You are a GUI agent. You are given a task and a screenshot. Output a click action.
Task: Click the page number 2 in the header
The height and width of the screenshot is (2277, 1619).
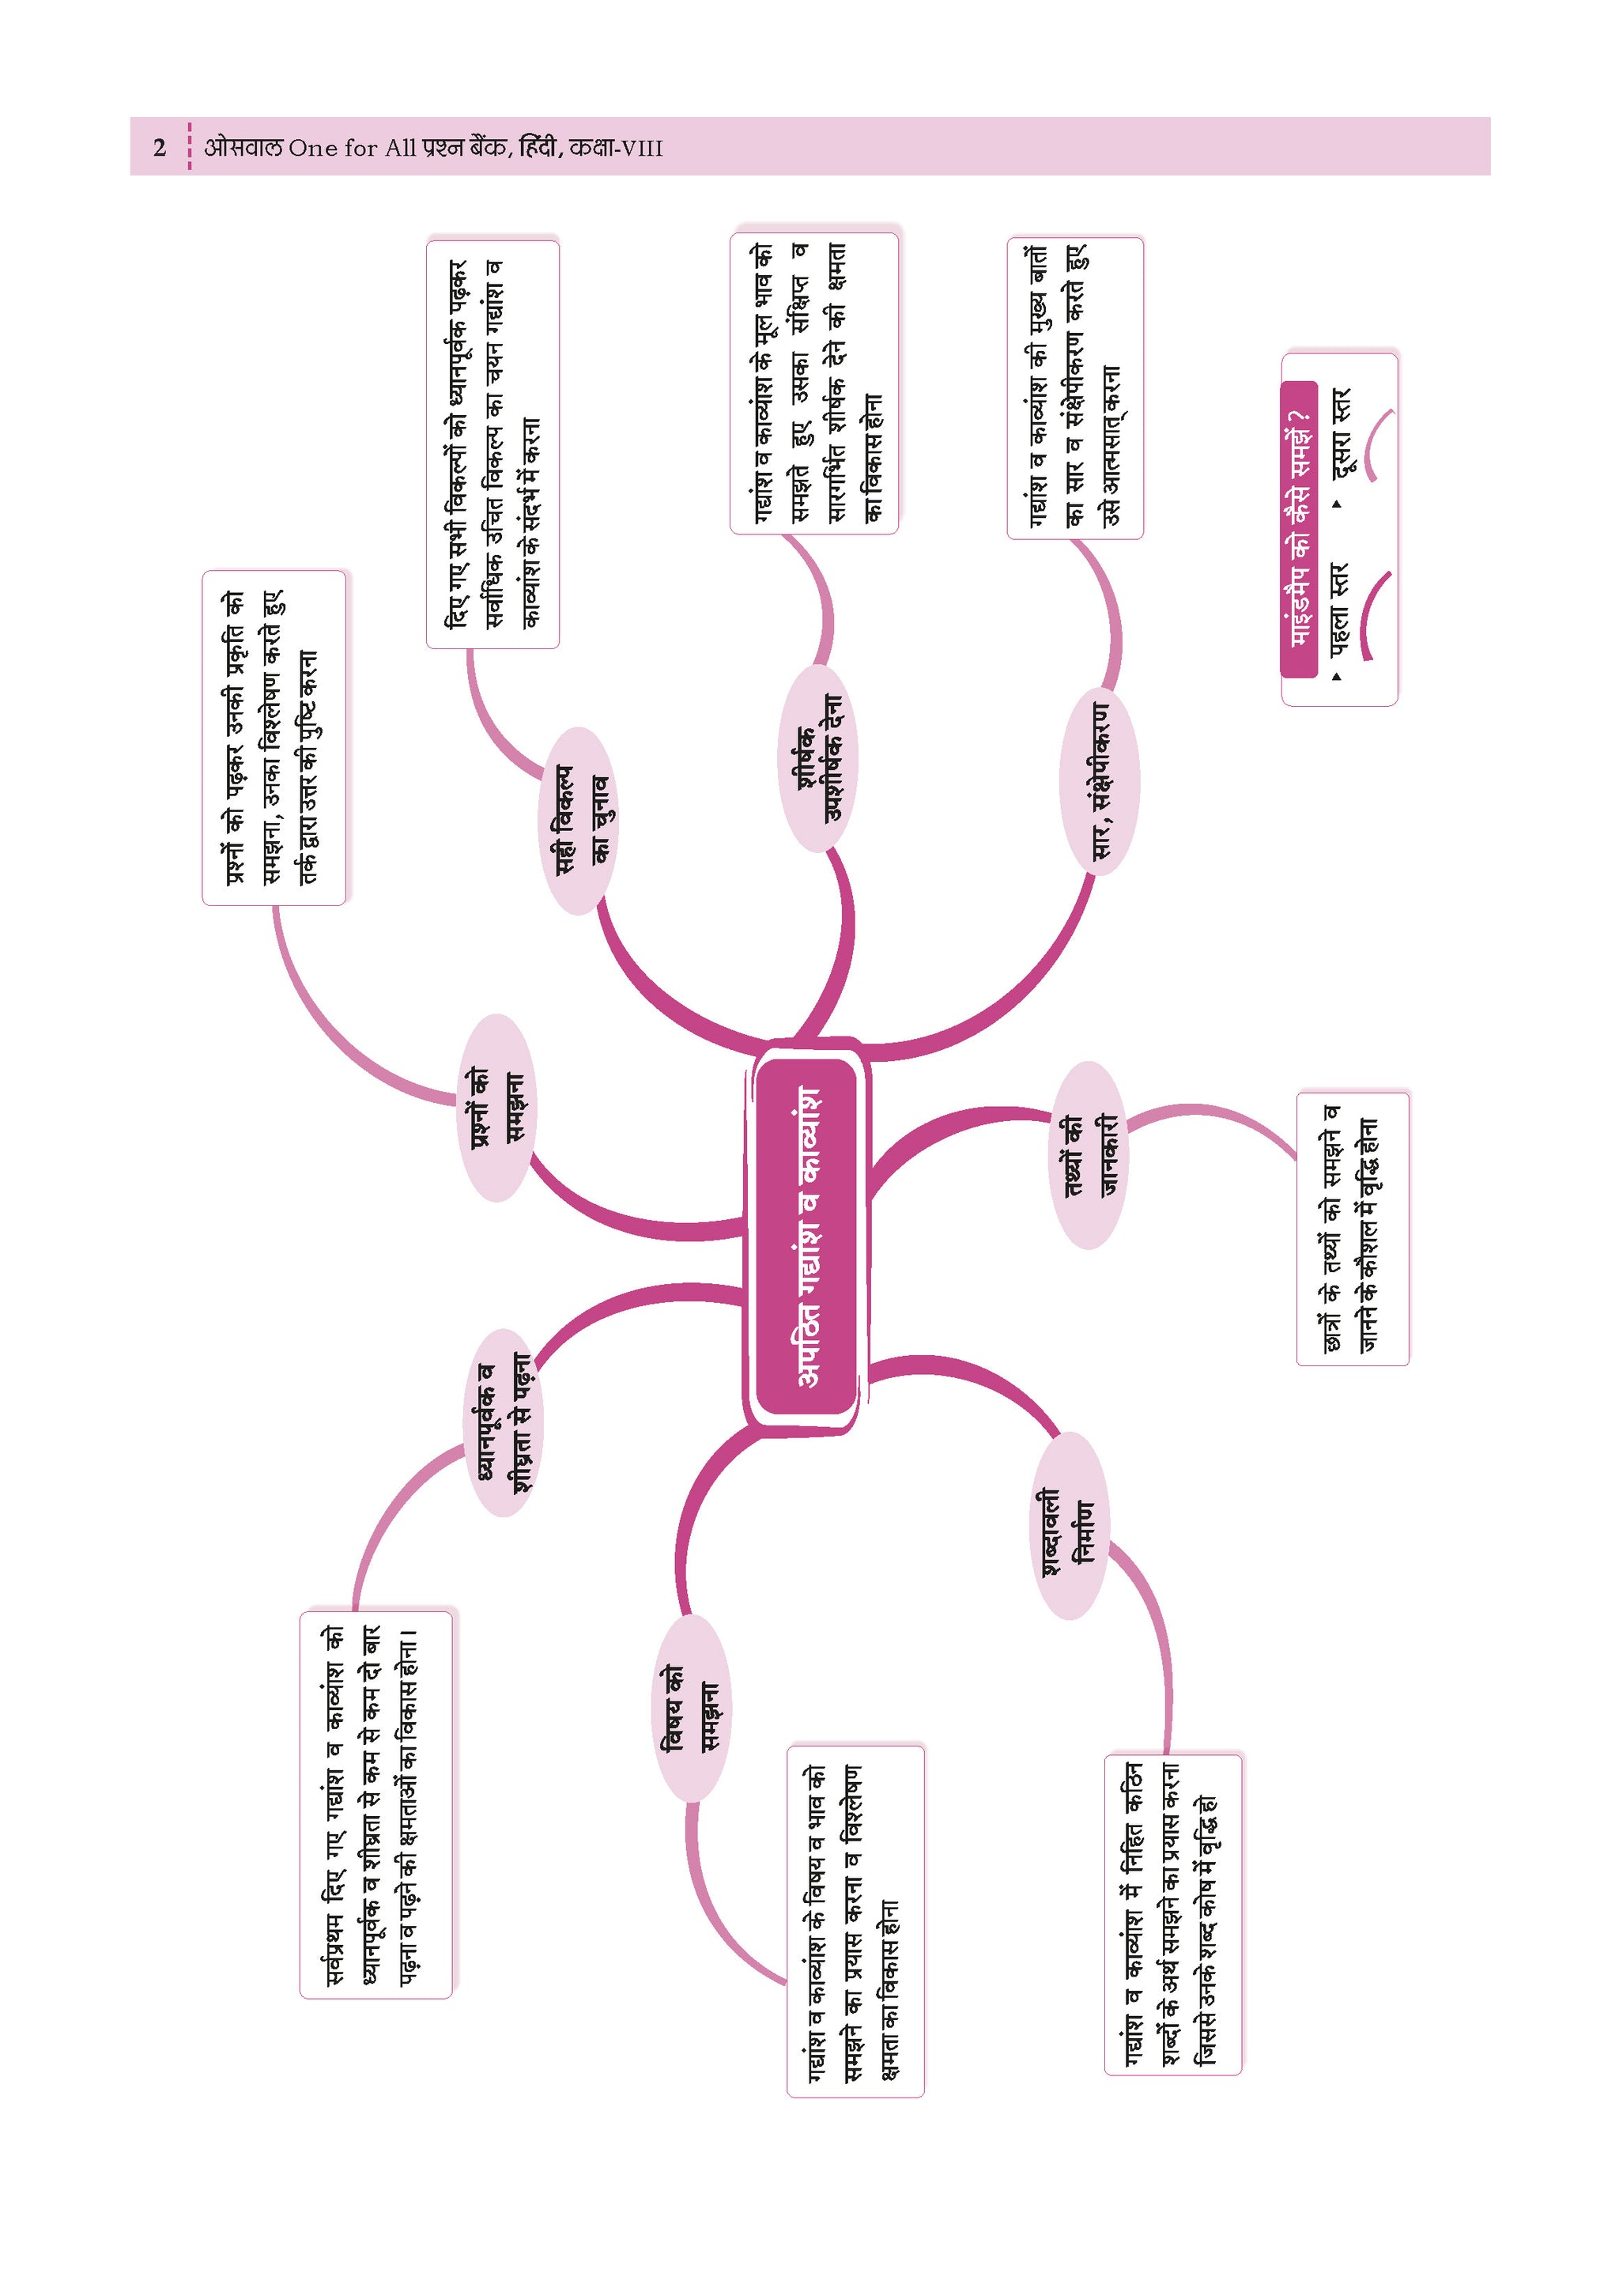160,149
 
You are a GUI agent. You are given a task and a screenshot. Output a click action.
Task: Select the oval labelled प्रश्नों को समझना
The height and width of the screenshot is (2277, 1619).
496,1108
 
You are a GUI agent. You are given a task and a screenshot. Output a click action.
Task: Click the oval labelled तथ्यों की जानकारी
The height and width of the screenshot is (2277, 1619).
1089,1154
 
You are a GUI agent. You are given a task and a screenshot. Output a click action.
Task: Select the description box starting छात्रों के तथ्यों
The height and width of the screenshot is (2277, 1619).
1353,1228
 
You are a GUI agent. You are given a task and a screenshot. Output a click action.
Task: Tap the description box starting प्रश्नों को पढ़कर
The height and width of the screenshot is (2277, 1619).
274,738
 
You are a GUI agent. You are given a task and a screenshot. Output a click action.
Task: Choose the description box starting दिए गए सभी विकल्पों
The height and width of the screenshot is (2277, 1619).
492,444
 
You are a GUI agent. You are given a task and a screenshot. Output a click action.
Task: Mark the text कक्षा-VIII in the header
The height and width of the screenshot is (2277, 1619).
616,149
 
